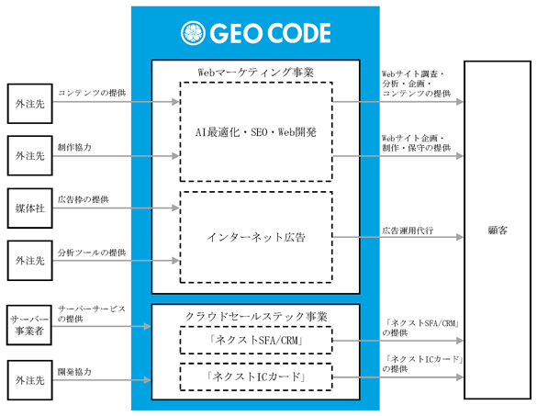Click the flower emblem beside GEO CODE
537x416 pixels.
pyautogui.click(x=193, y=33)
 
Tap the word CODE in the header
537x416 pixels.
pyautogui.click(x=298, y=33)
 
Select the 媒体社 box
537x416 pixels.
pyautogui.click(x=30, y=208)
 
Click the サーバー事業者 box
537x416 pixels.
pyautogui.click(x=29, y=325)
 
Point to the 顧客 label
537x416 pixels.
pyautogui.click(x=498, y=230)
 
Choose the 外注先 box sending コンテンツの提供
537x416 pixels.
pyautogui.click(x=30, y=104)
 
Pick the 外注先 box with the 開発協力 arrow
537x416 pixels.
pyautogui.click(x=30, y=380)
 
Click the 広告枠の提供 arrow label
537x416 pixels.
pyautogui.click(x=84, y=199)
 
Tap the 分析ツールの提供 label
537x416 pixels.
pyautogui.click(x=92, y=253)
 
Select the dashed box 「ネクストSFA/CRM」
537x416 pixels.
pyautogui.click(x=256, y=341)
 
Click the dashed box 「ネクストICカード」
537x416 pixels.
pyautogui.click(x=256, y=377)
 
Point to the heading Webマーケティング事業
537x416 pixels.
pyautogui.click(x=256, y=73)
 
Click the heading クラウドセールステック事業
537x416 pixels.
pyautogui.click(x=256, y=316)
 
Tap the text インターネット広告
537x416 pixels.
pyautogui.click(x=256, y=237)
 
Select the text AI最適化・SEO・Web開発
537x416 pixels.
pyautogui.click(x=256, y=132)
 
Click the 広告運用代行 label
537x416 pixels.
pyautogui.click(x=408, y=230)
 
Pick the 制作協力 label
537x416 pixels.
pyautogui.click(x=74, y=147)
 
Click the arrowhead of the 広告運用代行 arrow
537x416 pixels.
pyautogui.click(x=460, y=237)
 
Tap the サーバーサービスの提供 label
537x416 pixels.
pyautogui.click(x=92, y=314)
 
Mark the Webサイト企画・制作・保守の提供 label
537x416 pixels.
pyautogui.click(x=417, y=143)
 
